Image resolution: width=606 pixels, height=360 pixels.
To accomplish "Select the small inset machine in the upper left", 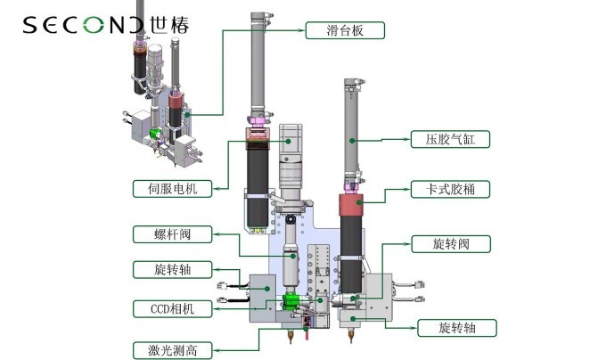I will [160, 107].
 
